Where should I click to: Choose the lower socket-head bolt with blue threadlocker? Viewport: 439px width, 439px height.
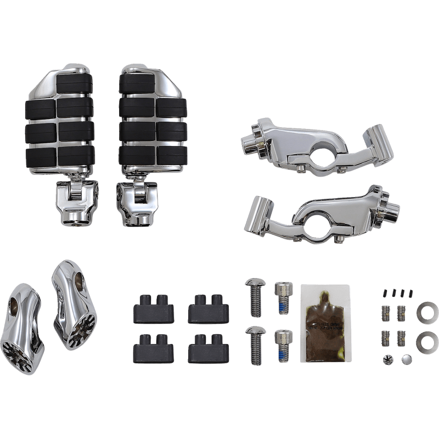point(282,345)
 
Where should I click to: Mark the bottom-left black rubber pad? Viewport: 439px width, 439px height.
point(150,350)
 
